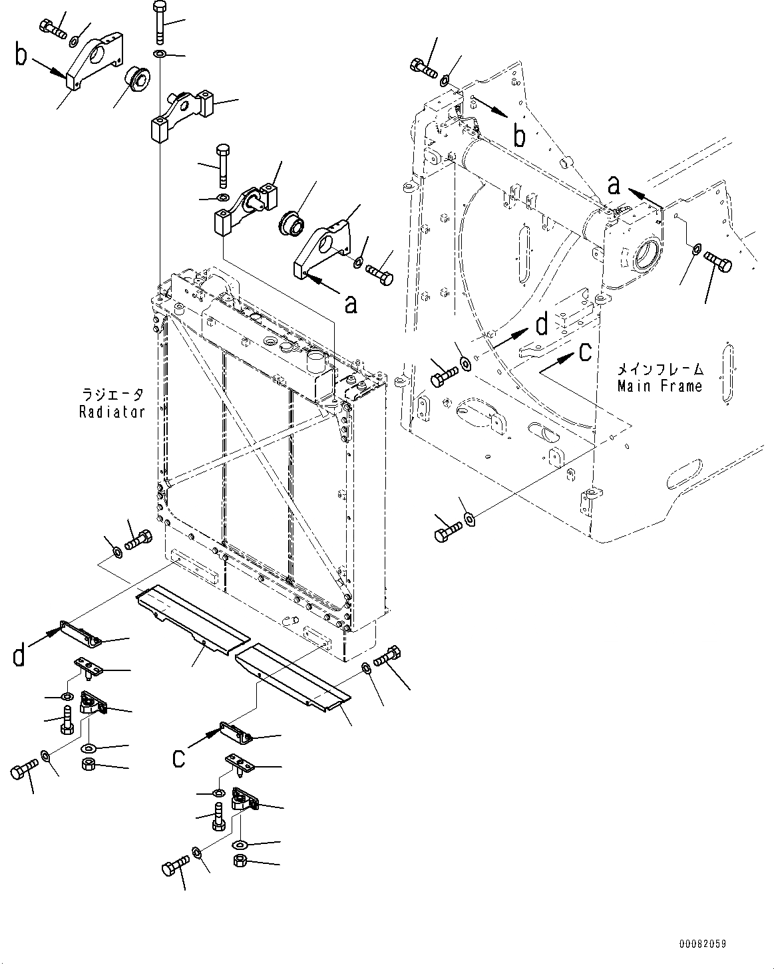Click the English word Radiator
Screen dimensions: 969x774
coord(112,412)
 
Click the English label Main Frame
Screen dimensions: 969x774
coord(660,386)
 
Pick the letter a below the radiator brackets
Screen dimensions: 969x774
coord(350,303)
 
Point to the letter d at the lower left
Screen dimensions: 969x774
coord(21,654)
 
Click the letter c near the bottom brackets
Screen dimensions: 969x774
coord(178,758)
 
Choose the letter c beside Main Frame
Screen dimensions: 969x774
coord(584,352)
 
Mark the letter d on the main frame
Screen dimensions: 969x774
coord(542,325)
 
